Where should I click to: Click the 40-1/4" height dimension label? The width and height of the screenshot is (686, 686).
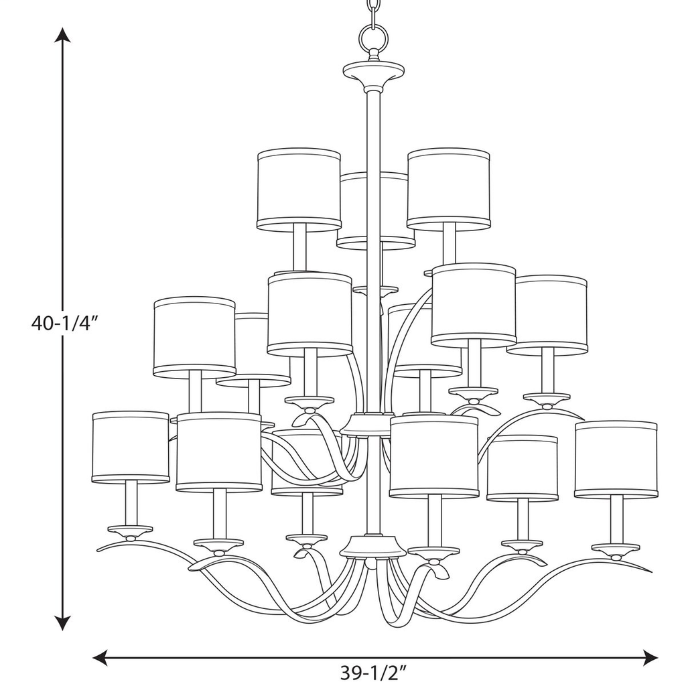pyautogui.click(x=65, y=324)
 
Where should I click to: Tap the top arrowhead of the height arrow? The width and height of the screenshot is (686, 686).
pyautogui.click(x=63, y=35)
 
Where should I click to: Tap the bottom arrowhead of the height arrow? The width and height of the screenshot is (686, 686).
pyautogui.click(x=63, y=623)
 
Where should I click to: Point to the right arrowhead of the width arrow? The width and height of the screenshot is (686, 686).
pyautogui.click(x=650, y=657)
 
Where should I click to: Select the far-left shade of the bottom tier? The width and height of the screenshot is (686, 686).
pyautogui.click(x=130, y=447)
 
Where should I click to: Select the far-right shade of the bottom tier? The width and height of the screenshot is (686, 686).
pyautogui.click(x=616, y=459)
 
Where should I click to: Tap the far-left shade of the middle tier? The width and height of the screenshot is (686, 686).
pyautogui.click(x=194, y=336)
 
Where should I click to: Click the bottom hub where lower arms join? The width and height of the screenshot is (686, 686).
pyautogui.click(x=373, y=546)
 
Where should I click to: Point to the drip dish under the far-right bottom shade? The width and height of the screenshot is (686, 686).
pyautogui.click(x=615, y=549)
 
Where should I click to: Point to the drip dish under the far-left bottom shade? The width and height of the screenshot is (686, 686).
pyautogui.click(x=130, y=531)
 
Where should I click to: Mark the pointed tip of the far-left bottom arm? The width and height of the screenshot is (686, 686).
pyautogui.click(x=98, y=550)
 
